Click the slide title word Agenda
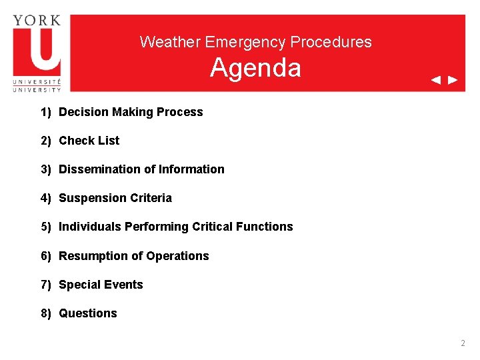[x=255, y=68]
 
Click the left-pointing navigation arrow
[x=435, y=80]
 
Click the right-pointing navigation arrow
[x=453, y=80]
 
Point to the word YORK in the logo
[x=37, y=20]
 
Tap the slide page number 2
[x=463, y=343]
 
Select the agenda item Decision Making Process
[x=131, y=112]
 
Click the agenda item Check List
[x=89, y=141]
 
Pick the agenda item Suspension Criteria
[x=115, y=198]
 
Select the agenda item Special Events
[x=101, y=285]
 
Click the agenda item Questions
[x=88, y=313]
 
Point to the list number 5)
[x=46, y=227]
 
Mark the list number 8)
[x=46, y=313]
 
